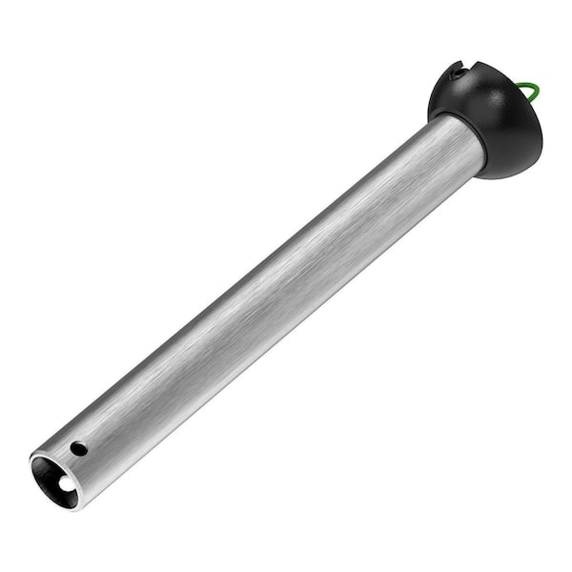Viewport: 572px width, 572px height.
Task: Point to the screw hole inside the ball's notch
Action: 460,71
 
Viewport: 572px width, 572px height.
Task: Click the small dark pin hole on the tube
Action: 78,447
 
